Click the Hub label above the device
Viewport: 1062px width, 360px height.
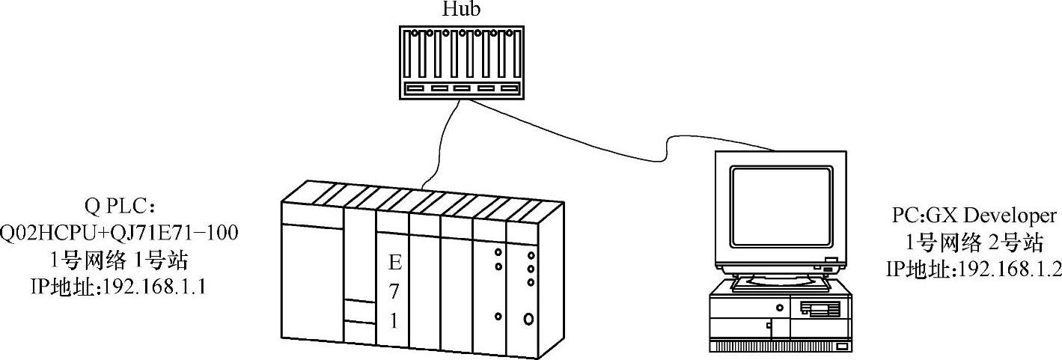click(461, 10)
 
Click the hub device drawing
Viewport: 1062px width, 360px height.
click(461, 61)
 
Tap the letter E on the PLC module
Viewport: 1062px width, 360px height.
click(394, 263)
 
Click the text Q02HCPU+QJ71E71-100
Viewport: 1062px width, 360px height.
click(119, 234)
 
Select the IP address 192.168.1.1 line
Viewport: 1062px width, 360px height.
click(119, 286)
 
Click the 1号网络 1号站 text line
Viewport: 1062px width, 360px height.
click(119, 260)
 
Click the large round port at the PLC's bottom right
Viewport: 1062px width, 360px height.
click(530, 320)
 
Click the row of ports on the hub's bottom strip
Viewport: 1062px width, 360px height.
click(461, 88)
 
